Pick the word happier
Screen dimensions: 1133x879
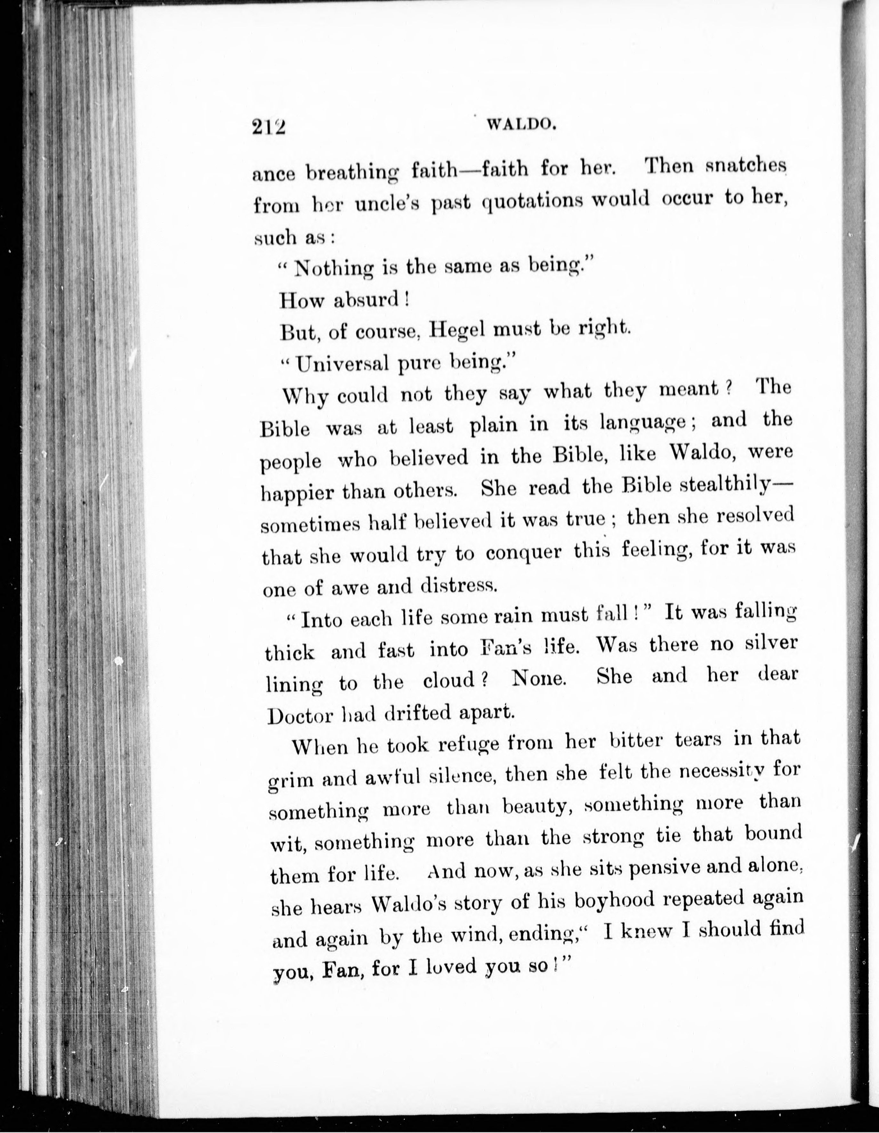coord(297,492)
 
